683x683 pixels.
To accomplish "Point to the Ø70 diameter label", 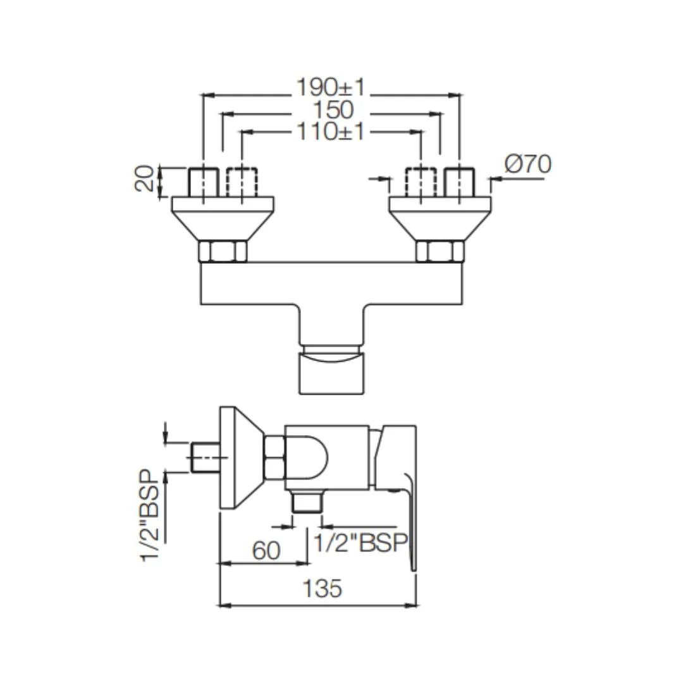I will tap(527, 164).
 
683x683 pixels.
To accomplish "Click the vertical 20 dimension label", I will tap(145, 179).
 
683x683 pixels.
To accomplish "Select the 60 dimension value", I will tap(266, 551).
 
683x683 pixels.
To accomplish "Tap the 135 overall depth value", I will tap(322, 588).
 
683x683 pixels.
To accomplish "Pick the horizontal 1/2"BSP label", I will tap(360, 543).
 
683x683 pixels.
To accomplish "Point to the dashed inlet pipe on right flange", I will tap(421, 182).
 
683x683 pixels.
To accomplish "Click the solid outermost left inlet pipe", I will tap(204, 182).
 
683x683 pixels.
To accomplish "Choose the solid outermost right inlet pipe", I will tap(459, 182).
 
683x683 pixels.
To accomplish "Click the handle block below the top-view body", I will tap(331, 373).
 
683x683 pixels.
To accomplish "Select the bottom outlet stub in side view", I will tap(307, 503).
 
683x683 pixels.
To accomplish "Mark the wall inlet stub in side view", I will tap(205, 457).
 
